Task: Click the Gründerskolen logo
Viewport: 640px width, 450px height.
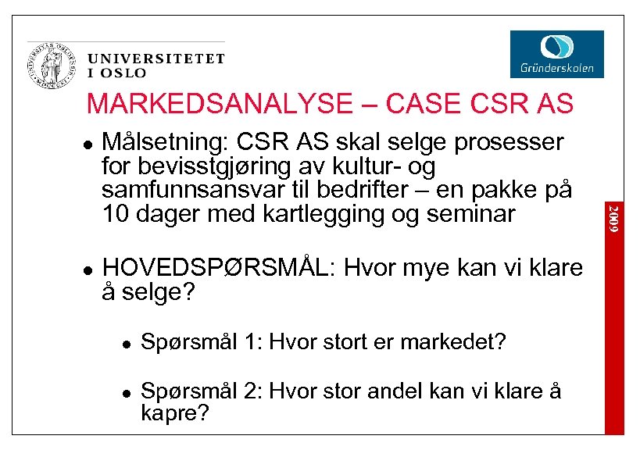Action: click(x=556, y=53)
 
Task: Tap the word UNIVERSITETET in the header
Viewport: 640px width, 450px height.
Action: click(x=156, y=59)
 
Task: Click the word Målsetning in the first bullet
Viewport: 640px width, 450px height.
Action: click(x=161, y=144)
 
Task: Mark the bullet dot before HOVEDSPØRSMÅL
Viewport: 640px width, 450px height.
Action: click(x=87, y=269)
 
